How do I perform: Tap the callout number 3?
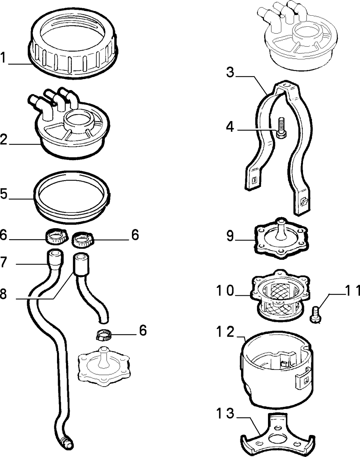coord(230,72)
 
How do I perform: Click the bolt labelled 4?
coord(281,128)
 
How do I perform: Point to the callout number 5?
coord(4,194)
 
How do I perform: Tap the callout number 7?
coord(4,262)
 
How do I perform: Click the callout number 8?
coord(3,294)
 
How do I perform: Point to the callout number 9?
coord(230,236)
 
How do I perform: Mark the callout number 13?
coord(225,413)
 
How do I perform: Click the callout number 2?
coord(4,140)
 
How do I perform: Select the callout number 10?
coord(225,290)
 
